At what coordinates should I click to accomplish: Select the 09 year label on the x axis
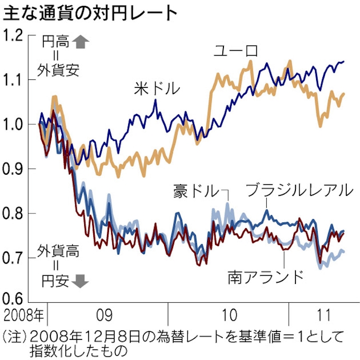tap(104, 317)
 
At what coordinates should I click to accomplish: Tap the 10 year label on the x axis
tap(229, 317)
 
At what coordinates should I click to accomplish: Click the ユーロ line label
tap(236, 51)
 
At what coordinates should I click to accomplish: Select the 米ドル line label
tap(157, 88)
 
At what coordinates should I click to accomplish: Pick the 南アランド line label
tap(266, 276)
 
